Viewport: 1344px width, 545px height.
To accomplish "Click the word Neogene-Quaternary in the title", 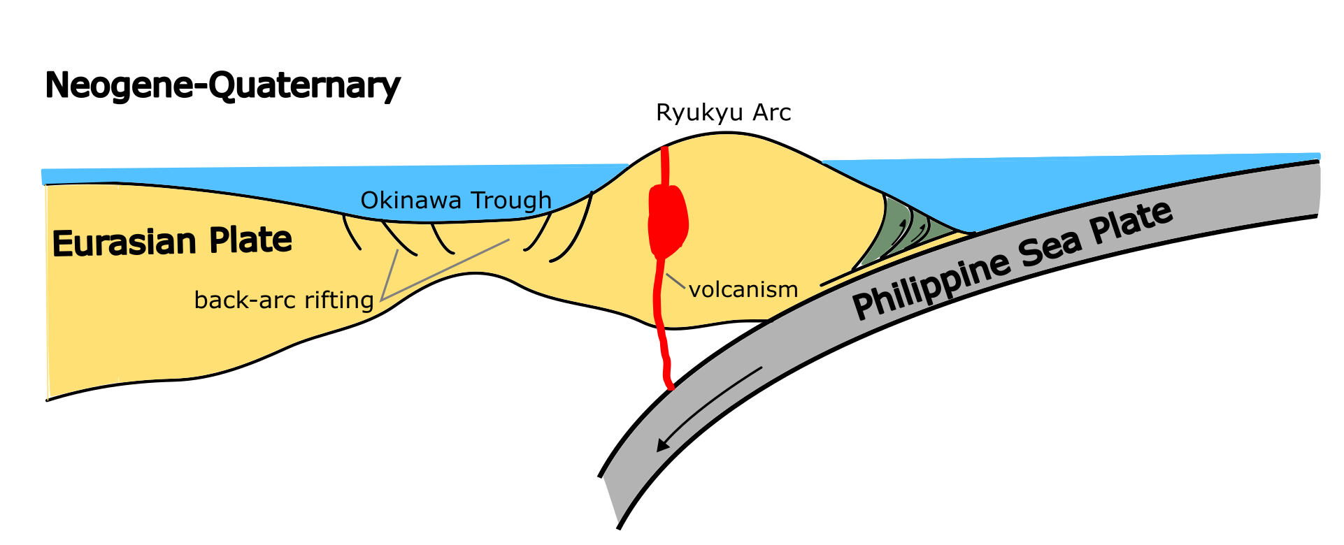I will (x=222, y=86).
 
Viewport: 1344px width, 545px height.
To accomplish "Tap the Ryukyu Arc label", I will (x=723, y=112).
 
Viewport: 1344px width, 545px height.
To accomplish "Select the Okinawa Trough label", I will (x=456, y=201).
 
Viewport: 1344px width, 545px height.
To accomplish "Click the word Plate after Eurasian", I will (x=250, y=240).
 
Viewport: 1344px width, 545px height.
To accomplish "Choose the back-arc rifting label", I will (x=284, y=300).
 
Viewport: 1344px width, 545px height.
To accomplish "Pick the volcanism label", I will (x=743, y=289).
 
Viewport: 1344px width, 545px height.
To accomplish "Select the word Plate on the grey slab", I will (x=1131, y=221).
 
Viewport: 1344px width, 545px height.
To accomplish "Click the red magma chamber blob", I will (x=668, y=220).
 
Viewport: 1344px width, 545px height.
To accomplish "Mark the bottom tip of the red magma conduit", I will (x=670, y=386).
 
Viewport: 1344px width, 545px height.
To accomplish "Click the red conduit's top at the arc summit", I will (x=664, y=150).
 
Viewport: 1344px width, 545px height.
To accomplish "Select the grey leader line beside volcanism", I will (x=675, y=281).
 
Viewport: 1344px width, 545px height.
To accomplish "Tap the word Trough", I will (x=511, y=201).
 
